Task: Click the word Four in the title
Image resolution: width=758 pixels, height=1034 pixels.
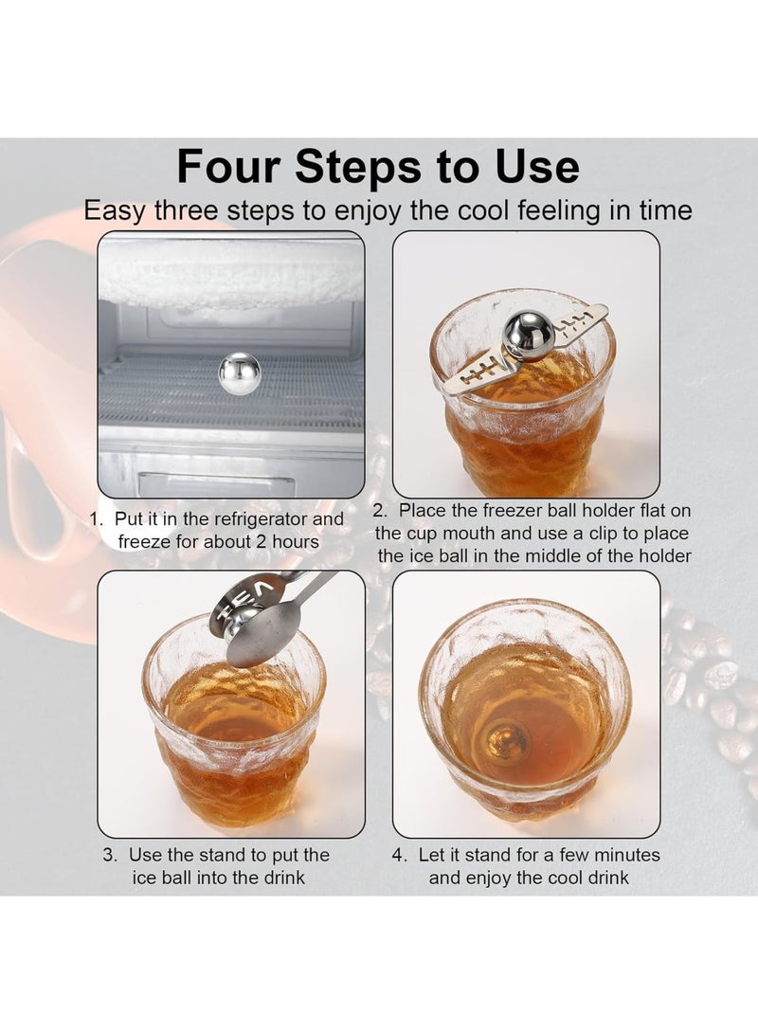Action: pyautogui.click(x=227, y=168)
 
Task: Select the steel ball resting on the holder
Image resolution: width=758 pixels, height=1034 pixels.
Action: pyautogui.click(x=521, y=333)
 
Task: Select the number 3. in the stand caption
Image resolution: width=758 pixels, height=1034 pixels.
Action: pyautogui.click(x=110, y=855)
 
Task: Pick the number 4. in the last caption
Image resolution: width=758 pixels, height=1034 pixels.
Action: pyautogui.click(x=400, y=855)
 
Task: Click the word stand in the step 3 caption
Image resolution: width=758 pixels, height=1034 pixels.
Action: pyautogui.click(x=226, y=855)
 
